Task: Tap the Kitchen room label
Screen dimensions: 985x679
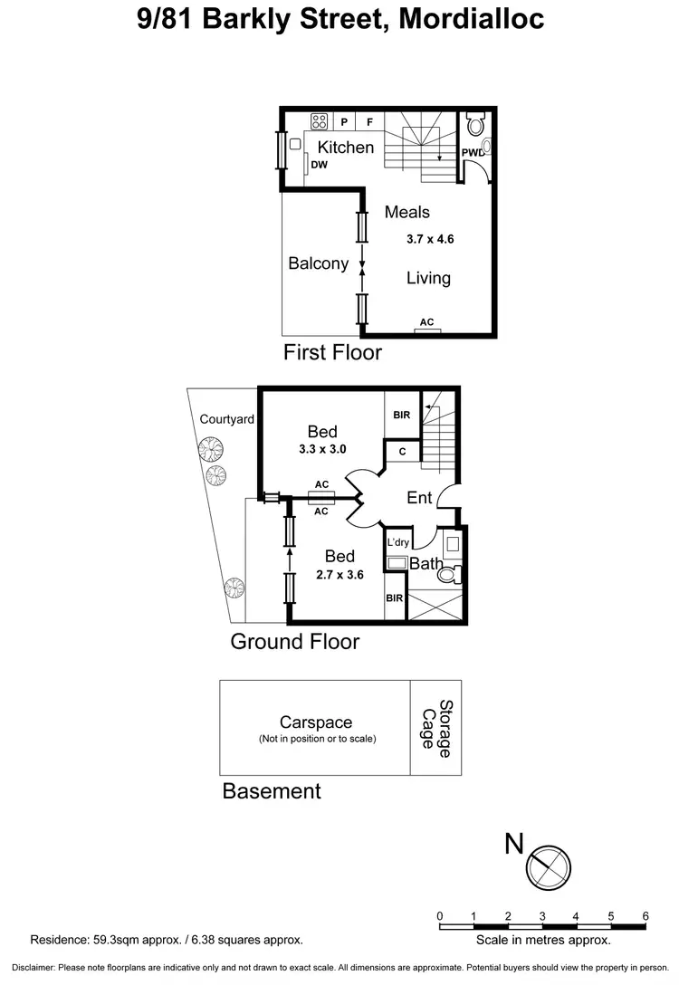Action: [345, 147]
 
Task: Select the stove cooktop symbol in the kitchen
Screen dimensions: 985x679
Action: [320, 120]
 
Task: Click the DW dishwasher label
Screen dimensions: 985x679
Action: [319, 166]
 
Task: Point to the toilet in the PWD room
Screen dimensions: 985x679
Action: [476, 122]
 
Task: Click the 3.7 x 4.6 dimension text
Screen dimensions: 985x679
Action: [429, 240]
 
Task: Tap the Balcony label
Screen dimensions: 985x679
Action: [318, 263]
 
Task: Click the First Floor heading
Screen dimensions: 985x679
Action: [332, 352]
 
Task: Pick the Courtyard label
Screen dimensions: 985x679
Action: [226, 419]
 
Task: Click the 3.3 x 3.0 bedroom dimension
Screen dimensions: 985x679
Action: [322, 448]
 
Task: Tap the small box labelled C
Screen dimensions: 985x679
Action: [402, 452]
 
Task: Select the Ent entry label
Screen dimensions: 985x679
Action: [419, 497]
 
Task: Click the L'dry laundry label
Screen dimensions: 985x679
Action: [398, 542]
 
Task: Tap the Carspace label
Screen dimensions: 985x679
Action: [315, 722]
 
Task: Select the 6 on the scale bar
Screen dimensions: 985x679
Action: [646, 915]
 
